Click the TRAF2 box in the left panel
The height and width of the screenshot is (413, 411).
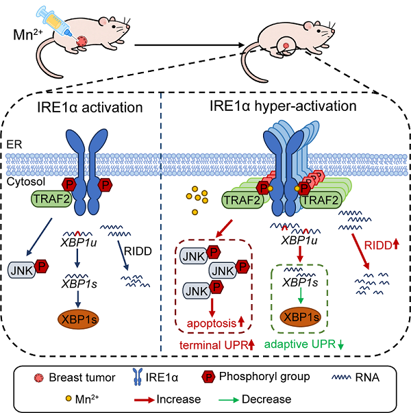(51, 199)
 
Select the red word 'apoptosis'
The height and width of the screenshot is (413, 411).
(210, 323)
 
